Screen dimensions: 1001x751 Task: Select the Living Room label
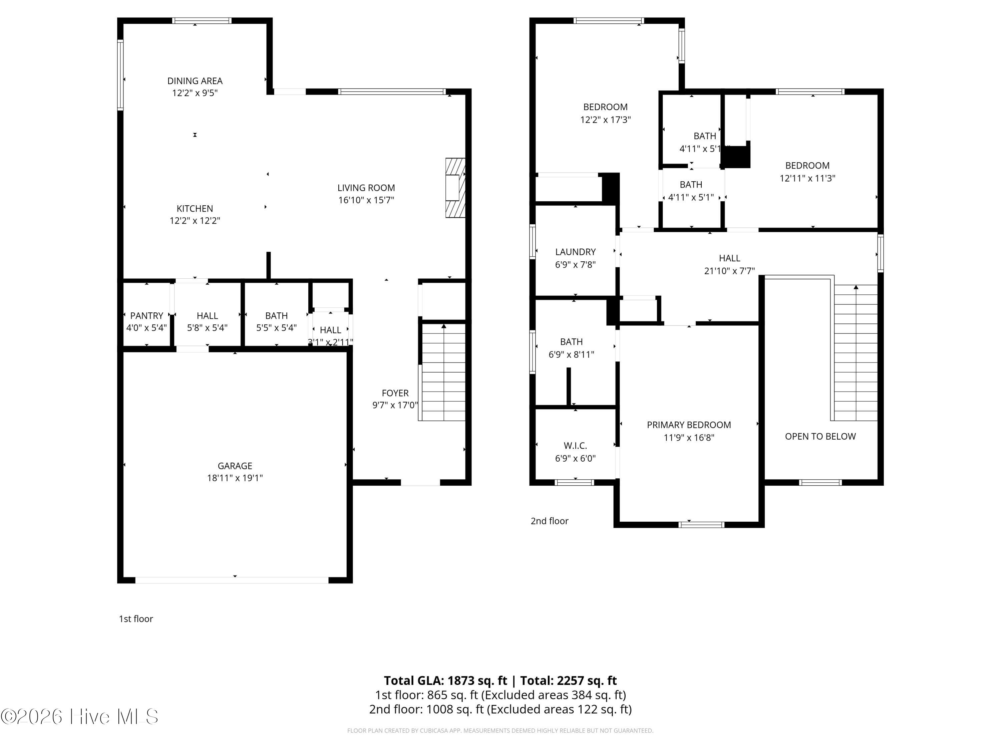pos(366,188)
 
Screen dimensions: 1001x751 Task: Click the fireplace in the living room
pos(455,187)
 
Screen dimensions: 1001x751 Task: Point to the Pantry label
pos(146,315)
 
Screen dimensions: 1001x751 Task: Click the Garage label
pos(235,466)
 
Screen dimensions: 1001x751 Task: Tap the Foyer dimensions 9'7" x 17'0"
pos(395,405)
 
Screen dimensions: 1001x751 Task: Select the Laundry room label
pos(575,252)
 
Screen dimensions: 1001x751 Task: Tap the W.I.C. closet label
pos(575,446)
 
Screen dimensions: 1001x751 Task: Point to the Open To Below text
pos(820,436)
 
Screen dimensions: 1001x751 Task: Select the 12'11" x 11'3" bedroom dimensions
pos(807,178)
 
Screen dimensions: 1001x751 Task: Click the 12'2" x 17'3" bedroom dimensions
pos(606,120)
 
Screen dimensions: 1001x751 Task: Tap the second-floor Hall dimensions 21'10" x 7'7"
pos(729,271)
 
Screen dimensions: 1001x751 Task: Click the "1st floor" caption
pos(136,619)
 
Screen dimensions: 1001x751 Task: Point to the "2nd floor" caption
pos(549,521)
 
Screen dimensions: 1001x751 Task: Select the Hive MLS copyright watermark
pos(80,717)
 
